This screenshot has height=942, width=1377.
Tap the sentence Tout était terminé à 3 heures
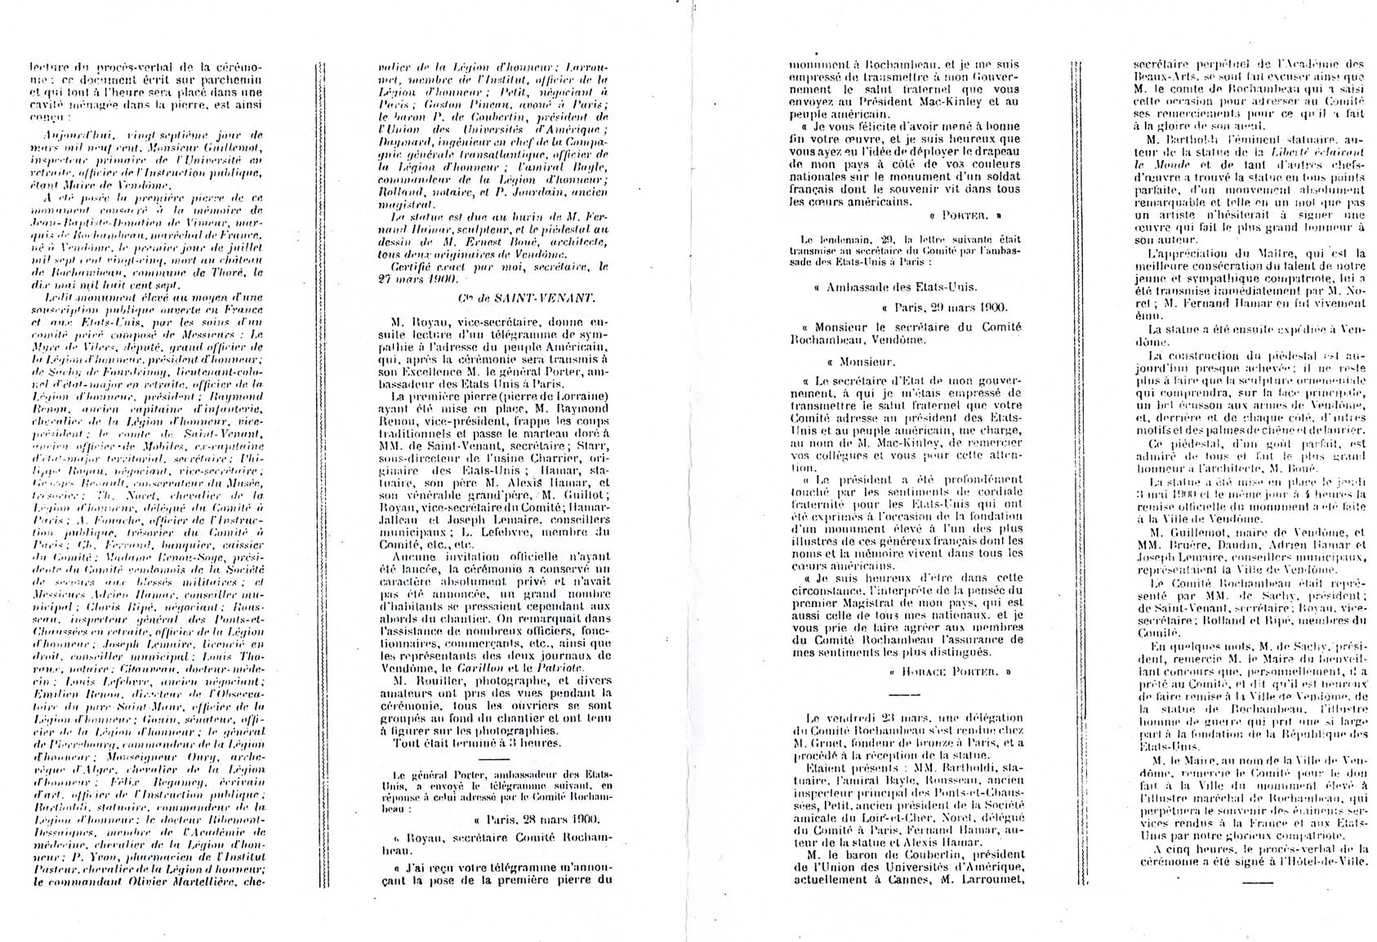coord(477,743)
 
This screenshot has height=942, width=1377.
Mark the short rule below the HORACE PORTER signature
coord(903,694)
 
